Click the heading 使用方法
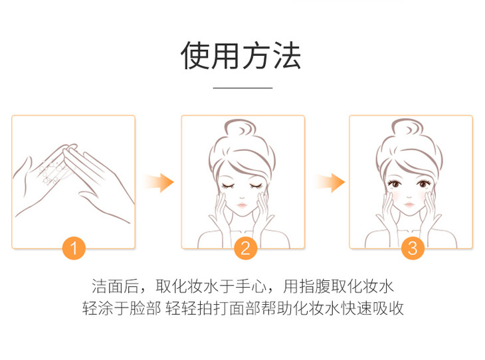coord(241,56)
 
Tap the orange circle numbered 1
coord(74,248)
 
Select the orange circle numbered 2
coord(245,248)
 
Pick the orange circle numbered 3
coord(413,248)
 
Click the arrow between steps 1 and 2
coord(159,183)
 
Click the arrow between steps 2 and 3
coord(330,183)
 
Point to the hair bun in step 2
coord(241,128)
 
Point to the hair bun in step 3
coord(407,128)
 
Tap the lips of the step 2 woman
coord(242,205)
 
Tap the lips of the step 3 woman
coord(409,205)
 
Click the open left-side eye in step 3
coord(395,184)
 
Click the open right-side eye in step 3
coord(423,184)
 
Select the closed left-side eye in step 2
coord(229,186)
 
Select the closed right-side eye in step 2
coord(256,186)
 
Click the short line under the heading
coord(242,88)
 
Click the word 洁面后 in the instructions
coord(115,286)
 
